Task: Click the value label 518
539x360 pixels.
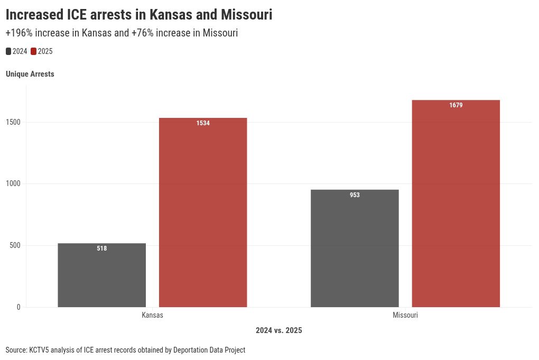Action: (102, 248)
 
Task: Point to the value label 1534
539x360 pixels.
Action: (203, 123)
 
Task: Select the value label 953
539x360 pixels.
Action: (355, 195)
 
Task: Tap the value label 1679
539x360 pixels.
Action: (456, 105)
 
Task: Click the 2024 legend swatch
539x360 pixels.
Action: (8, 51)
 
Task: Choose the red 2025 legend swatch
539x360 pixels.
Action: (33, 51)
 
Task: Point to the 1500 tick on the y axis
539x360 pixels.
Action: (13, 122)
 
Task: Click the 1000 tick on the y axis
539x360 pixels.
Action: (13, 183)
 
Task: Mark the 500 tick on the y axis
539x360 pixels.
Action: (15, 245)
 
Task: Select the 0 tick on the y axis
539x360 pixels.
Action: (18, 307)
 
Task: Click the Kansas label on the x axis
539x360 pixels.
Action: (152, 316)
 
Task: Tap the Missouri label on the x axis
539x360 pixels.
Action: (405, 316)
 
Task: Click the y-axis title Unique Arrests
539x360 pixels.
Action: (30, 74)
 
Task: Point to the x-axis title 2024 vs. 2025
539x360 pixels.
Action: (278, 330)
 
